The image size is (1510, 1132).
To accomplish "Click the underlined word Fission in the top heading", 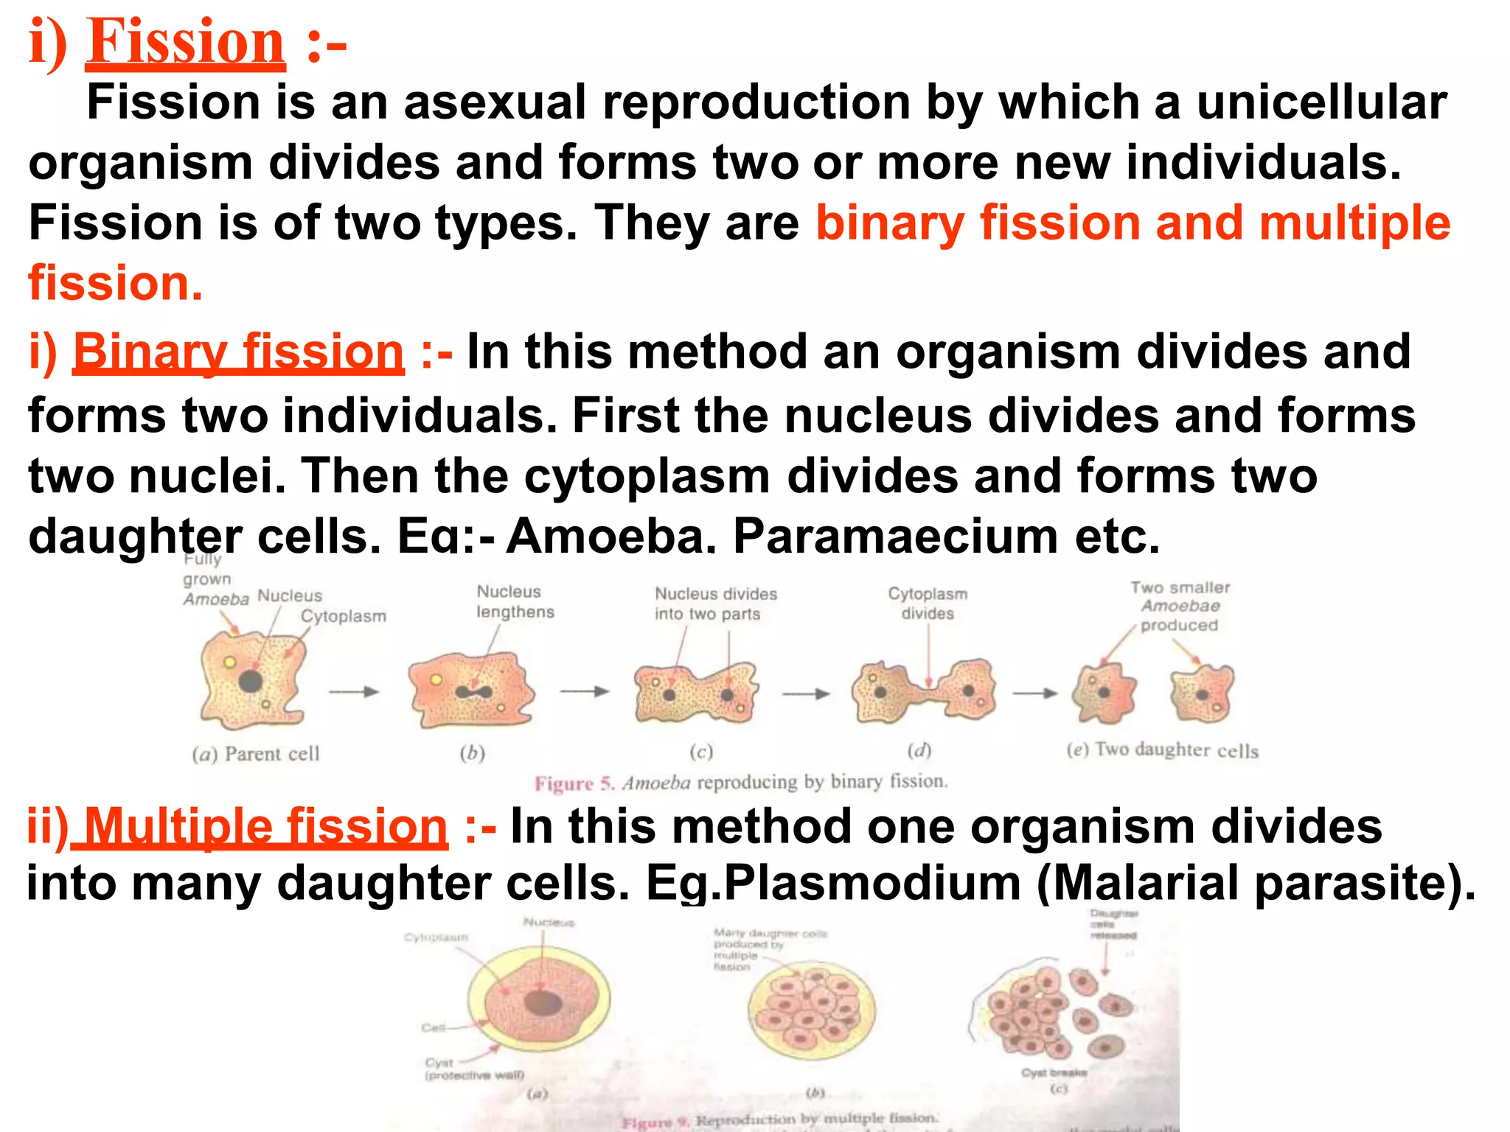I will (185, 43).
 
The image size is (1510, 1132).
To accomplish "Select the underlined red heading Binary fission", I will (238, 352).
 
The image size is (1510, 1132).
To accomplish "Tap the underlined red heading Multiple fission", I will (265, 826).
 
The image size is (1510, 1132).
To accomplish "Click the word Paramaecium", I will (895, 536).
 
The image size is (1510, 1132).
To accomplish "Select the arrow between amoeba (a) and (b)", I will (354, 691).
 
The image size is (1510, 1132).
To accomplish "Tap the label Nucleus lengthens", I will (515, 601).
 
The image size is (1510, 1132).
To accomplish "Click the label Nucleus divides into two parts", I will (715, 604).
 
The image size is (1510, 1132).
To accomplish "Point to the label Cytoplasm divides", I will (928, 603).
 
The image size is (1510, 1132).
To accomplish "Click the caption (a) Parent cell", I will (256, 754).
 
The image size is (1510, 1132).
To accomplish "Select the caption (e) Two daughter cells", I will (1162, 750).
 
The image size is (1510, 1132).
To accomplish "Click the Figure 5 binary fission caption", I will (741, 782).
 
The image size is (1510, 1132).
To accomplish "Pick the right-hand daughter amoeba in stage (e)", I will (1202, 693).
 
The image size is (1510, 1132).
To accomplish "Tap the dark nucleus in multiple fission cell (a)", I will (543, 1002).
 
